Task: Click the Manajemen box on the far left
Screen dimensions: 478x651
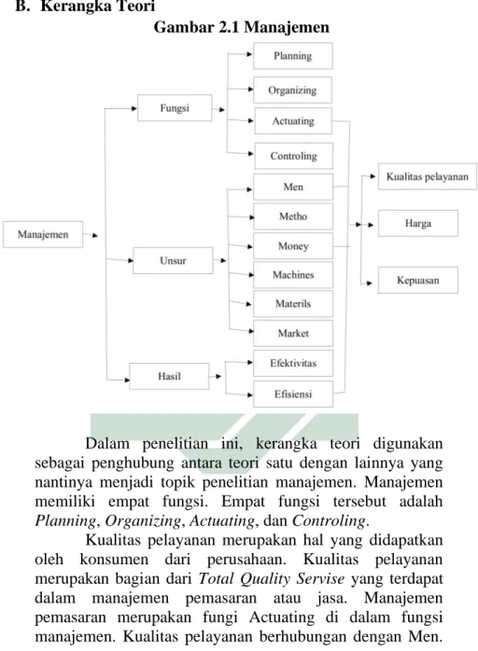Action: point(43,235)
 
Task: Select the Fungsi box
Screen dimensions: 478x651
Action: point(175,108)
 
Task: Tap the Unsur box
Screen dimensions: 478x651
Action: point(173,261)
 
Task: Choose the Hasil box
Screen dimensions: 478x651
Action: point(169,376)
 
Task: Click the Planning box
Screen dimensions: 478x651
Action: point(293,56)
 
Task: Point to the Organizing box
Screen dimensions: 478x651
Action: point(292,90)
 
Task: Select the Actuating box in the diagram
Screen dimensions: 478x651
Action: point(293,121)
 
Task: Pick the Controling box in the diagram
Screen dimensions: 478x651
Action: point(294,156)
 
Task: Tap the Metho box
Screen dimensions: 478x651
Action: point(293,216)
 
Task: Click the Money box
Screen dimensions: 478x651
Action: point(293,246)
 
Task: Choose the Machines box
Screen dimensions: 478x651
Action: point(293,275)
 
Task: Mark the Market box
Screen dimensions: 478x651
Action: point(293,333)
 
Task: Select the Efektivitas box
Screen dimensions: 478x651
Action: point(293,364)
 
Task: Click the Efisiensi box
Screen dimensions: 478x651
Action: point(293,394)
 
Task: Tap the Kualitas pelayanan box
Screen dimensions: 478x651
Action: point(428,176)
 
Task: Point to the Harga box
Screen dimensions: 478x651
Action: point(418,223)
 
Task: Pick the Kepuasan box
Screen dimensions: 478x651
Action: point(418,280)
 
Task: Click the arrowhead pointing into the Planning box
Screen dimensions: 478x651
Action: point(250,54)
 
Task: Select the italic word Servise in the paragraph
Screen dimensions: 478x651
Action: point(320,578)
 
